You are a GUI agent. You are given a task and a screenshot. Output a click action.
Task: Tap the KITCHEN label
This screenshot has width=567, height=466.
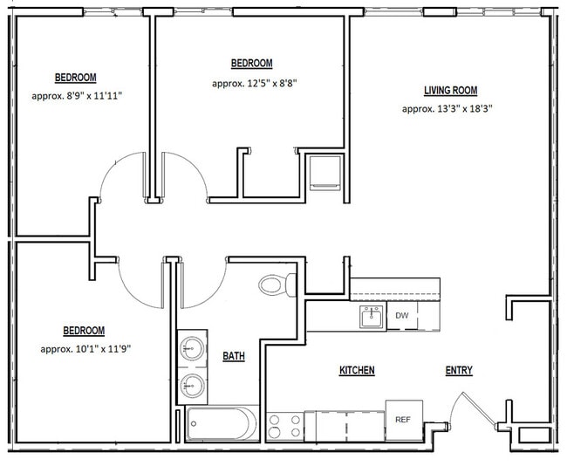pos(357,371)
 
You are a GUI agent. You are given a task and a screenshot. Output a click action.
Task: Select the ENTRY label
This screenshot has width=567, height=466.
pos(459,371)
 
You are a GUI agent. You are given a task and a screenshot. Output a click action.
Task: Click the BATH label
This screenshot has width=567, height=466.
pos(234,356)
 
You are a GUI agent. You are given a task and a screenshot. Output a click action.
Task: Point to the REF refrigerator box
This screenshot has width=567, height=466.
pos(403,419)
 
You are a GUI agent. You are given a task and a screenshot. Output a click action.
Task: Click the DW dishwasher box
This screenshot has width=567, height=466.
pos(402,316)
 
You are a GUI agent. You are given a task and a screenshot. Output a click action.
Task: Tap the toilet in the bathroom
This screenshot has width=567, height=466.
pos(278,284)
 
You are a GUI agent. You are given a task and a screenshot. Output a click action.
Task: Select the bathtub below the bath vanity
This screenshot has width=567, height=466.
pos(222,424)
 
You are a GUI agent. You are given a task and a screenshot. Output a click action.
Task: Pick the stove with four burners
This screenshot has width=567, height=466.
pos(284,426)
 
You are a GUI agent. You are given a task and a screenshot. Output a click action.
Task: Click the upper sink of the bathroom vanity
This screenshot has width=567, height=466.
pos(192,351)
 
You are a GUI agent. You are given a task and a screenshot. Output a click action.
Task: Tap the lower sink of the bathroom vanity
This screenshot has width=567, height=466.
pos(192,385)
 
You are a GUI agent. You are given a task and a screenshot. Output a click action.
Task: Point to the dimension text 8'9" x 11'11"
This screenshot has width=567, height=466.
pos(76,95)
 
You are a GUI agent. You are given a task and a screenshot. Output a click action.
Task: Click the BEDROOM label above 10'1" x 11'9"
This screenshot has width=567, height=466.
pos(84,331)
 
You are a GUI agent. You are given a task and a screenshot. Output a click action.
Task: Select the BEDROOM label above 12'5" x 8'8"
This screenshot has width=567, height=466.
pos(251,64)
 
